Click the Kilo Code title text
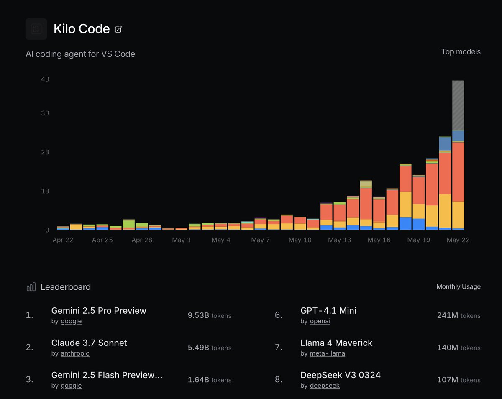click(82, 29)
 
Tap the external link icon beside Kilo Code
click(119, 29)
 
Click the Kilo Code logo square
click(36, 29)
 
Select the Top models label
click(461, 52)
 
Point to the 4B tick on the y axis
click(45, 79)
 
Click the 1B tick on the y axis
click(45, 191)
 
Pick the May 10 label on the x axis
click(300, 240)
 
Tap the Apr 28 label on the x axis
click(142, 240)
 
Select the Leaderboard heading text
click(66, 287)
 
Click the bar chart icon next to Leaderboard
click(31, 287)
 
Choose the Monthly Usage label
click(458, 287)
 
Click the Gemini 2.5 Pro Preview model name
click(99, 311)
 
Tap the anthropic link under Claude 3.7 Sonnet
click(75, 353)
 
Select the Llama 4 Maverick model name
click(336, 343)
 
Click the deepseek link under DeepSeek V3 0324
click(325, 386)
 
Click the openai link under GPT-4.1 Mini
click(320, 321)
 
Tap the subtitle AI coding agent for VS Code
click(80, 54)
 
